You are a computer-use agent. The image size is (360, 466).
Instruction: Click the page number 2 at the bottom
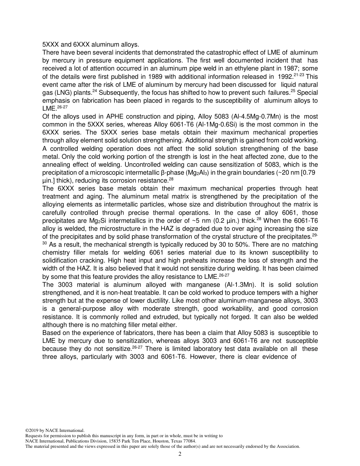(180, 454)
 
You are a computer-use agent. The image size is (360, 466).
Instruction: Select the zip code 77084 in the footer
(189, 441)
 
